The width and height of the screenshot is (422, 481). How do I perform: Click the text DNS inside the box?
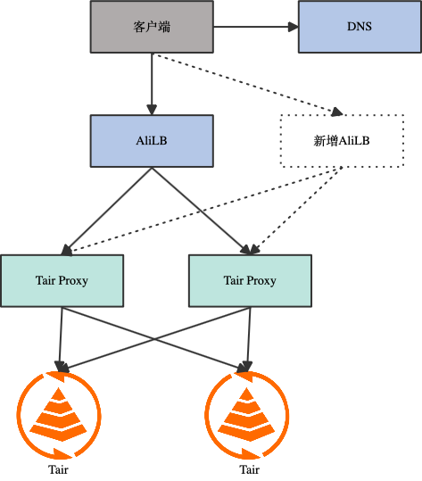(359, 27)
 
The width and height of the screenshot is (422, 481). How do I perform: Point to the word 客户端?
(152, 27)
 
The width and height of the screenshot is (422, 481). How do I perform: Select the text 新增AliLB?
(341, 141)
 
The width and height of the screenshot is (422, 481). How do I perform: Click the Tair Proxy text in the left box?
(62, 280)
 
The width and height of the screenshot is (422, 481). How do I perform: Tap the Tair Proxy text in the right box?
(250, 280)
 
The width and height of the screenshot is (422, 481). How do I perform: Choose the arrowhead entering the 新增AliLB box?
(336, 112)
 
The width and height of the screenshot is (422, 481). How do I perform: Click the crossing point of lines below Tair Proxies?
(154, 338)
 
